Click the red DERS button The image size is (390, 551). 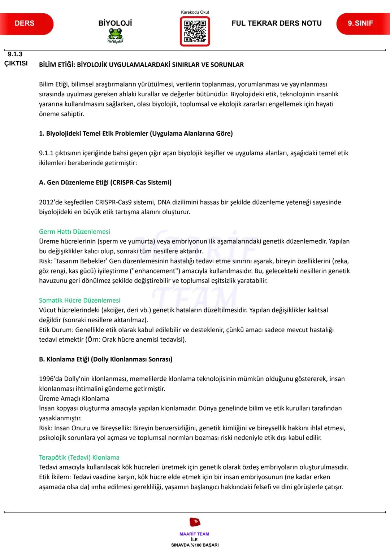point(25,24)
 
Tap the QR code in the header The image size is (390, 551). point(195,31)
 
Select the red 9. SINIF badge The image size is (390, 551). point(361,24)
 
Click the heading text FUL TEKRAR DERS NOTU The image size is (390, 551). point(276,23)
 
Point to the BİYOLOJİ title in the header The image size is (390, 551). point(115,23)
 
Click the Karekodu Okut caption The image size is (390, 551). point(195,12)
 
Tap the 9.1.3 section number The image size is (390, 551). point(15,54)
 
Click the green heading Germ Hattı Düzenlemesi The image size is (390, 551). point(74,232)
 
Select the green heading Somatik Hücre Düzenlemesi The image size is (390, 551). point(79,300)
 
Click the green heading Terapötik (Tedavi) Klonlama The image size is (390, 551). point(79,457)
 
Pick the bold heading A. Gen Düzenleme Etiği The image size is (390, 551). point(105,183)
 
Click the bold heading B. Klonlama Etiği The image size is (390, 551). point(105,359)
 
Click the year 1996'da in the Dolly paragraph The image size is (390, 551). point(51,379)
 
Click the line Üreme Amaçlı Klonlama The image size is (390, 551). point(74,398)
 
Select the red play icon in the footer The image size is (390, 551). point(195,522)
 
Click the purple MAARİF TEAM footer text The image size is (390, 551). point(194,534)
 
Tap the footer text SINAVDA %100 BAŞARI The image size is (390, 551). point(195,545)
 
